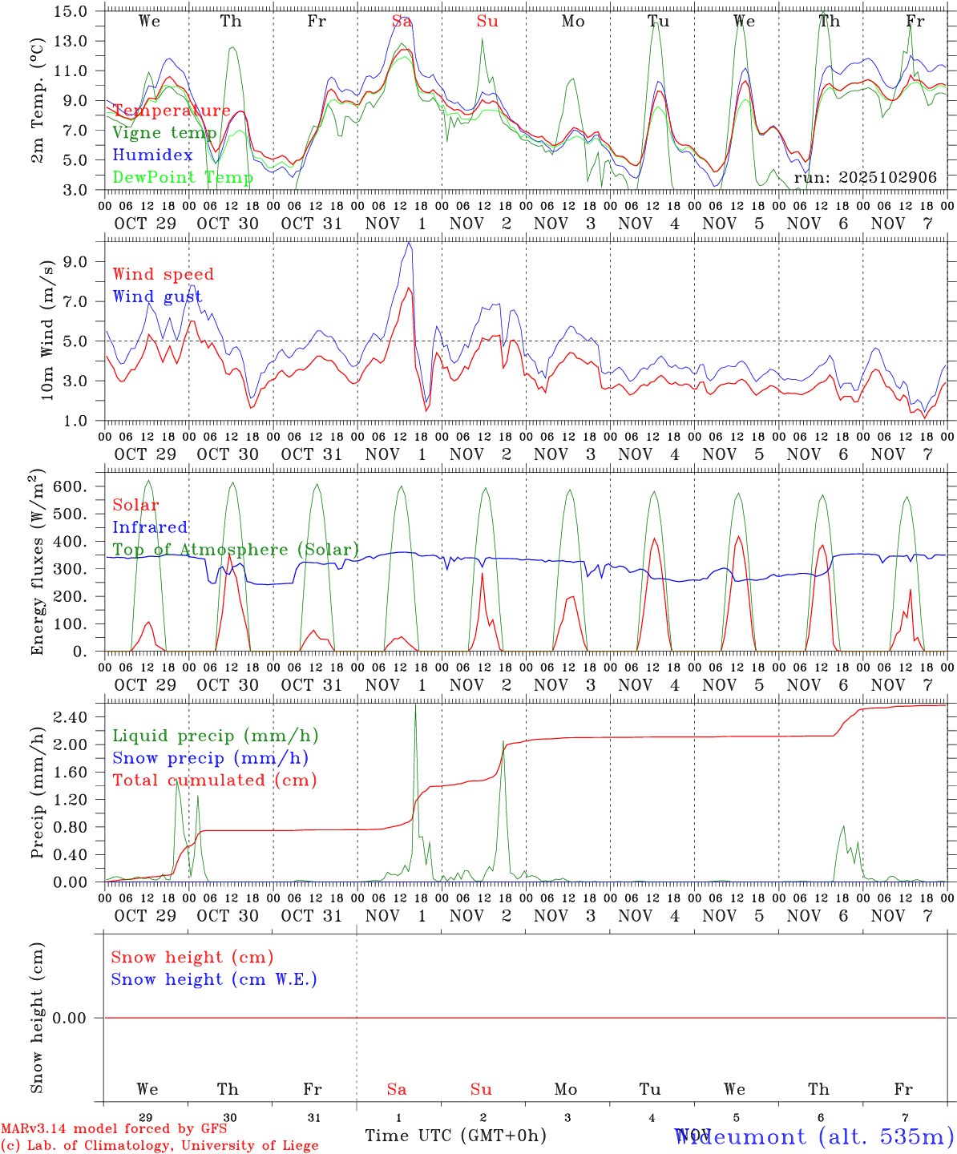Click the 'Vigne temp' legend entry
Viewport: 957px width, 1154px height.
[x=164, y=133]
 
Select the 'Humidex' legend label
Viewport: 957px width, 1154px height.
[x=152, y=155]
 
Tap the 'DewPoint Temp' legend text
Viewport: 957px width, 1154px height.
[x=183, y=177]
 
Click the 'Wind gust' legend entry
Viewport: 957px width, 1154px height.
[x=157, y=297]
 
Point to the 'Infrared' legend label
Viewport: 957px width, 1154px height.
[x=150, y=527]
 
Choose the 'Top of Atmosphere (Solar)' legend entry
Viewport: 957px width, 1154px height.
[x=236, y=550]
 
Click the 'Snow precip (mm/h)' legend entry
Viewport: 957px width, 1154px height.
[x=210, y=758]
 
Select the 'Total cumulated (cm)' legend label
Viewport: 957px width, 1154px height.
[x=214, y=780]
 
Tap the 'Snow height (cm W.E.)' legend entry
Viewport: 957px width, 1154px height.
[x=214, y=979]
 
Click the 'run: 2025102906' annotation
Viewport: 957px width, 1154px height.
[x=865, y=177]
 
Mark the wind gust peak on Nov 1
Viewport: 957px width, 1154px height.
[x=409, y=242]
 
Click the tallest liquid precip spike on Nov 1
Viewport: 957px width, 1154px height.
[x=415, y=705]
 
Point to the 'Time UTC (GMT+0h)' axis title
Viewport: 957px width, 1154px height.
[x=455, y=1136]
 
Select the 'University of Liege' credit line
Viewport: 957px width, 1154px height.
[x=159, y=1146]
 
